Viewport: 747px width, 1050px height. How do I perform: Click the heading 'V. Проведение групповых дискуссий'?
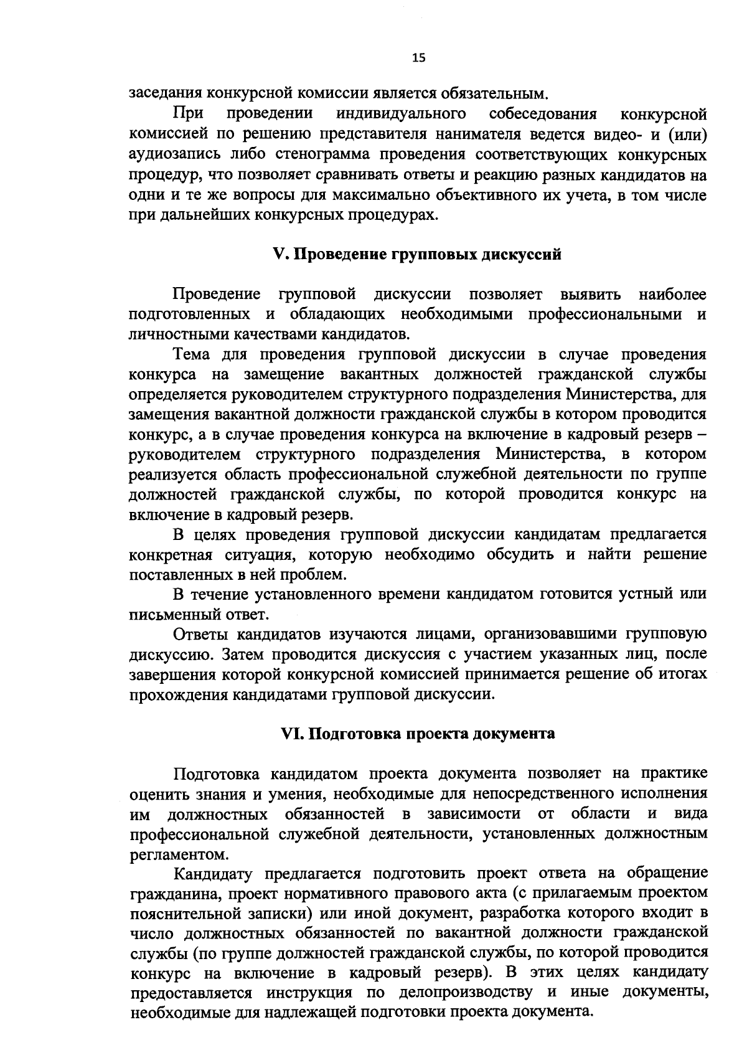click(418, 255)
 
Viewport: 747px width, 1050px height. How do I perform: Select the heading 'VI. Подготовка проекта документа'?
click(418, 733)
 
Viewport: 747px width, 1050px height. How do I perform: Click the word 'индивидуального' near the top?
click(401, 115)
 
